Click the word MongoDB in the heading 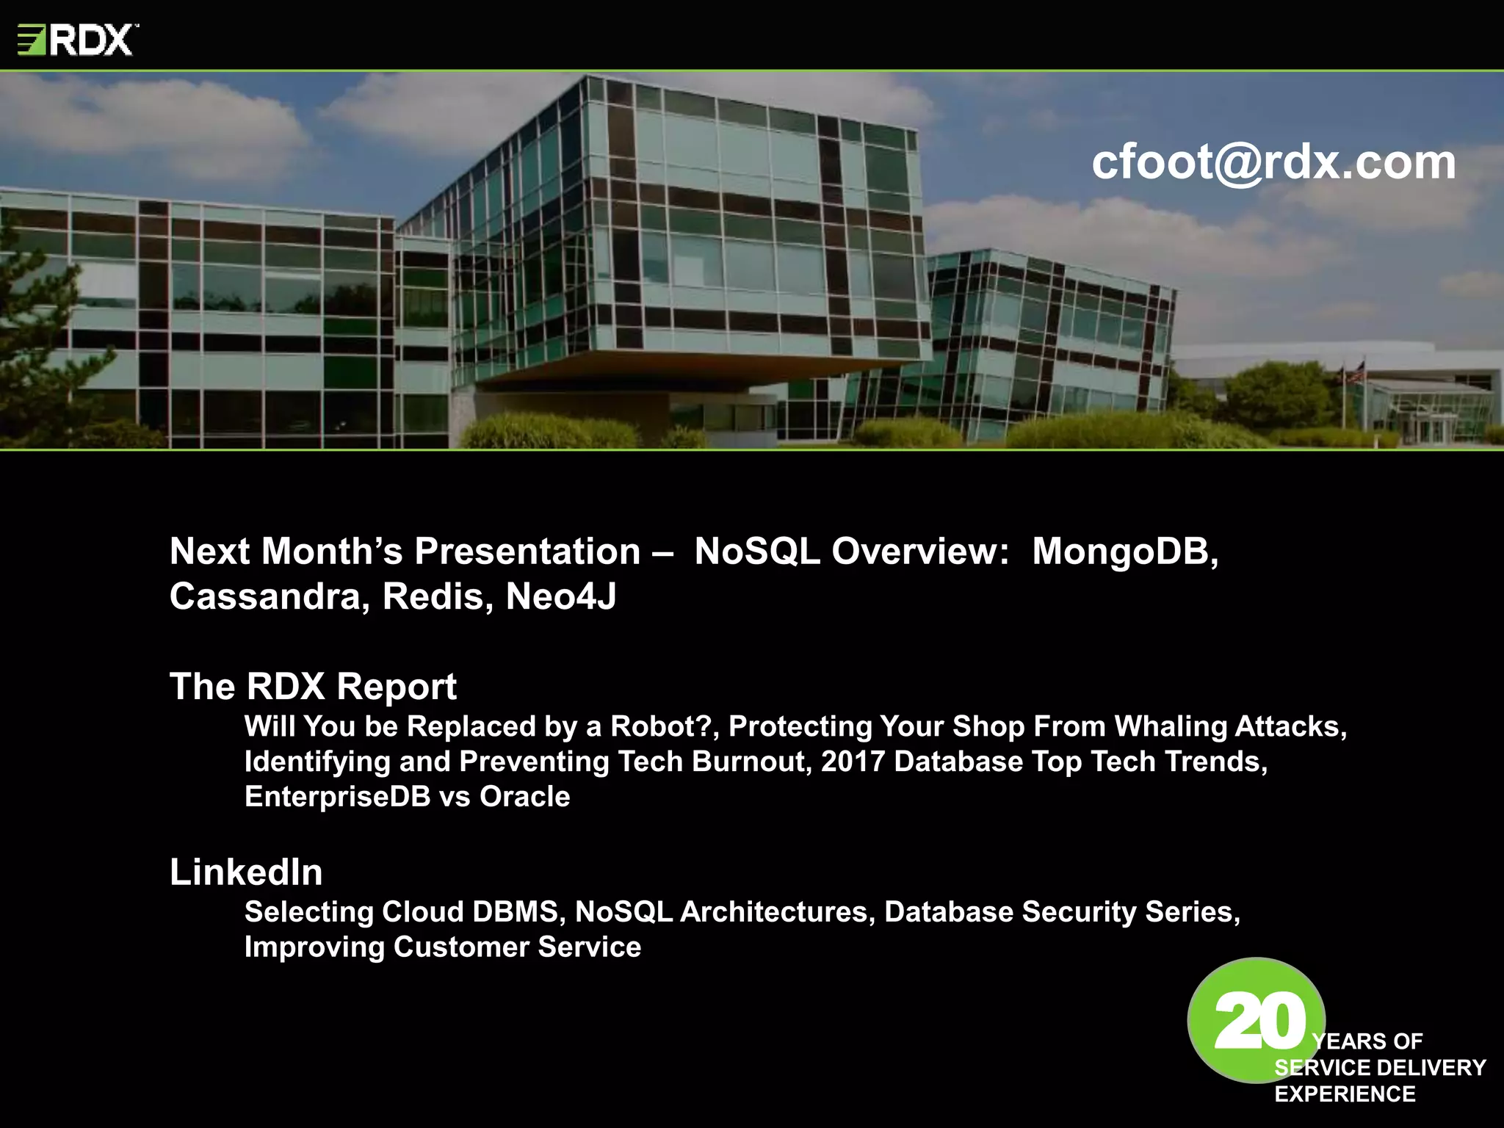1124,552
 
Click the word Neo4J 561,596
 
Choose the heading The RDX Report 313,687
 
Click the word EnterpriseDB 337,797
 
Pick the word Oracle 524,797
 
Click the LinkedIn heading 246,872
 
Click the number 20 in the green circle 1259,1022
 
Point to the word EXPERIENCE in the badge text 1345,1094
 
